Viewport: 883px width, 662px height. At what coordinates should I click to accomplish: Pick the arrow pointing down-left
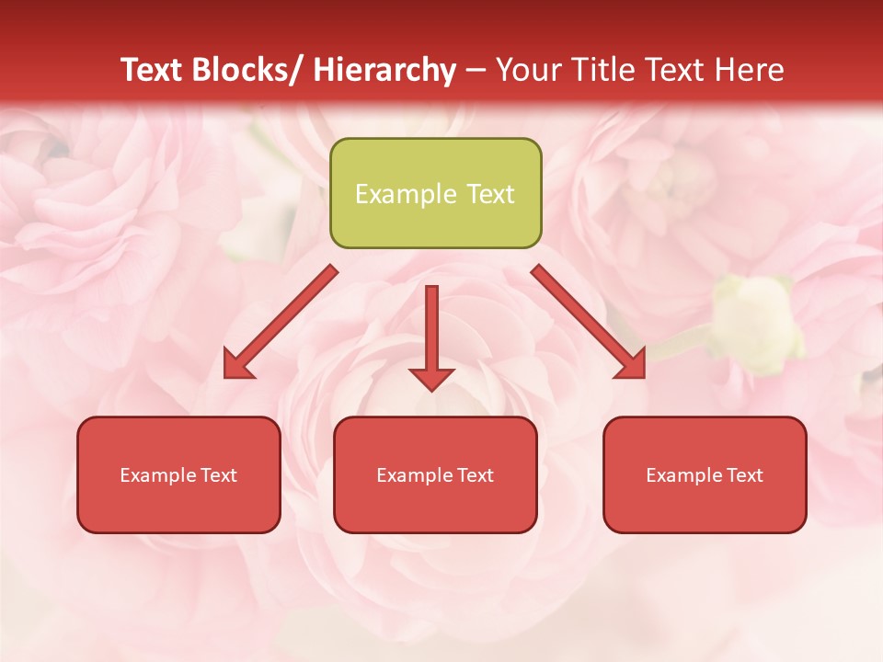click(281, 322)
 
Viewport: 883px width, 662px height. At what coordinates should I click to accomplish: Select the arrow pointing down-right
click(589, 322)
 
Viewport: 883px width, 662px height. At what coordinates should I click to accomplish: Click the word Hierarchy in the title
click(384, 70)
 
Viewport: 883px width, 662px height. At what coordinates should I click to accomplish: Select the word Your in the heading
click(529, 70)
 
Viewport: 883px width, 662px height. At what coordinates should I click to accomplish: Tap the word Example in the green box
click(406, 194)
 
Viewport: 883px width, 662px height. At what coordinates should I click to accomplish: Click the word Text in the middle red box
click(473, 475)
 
